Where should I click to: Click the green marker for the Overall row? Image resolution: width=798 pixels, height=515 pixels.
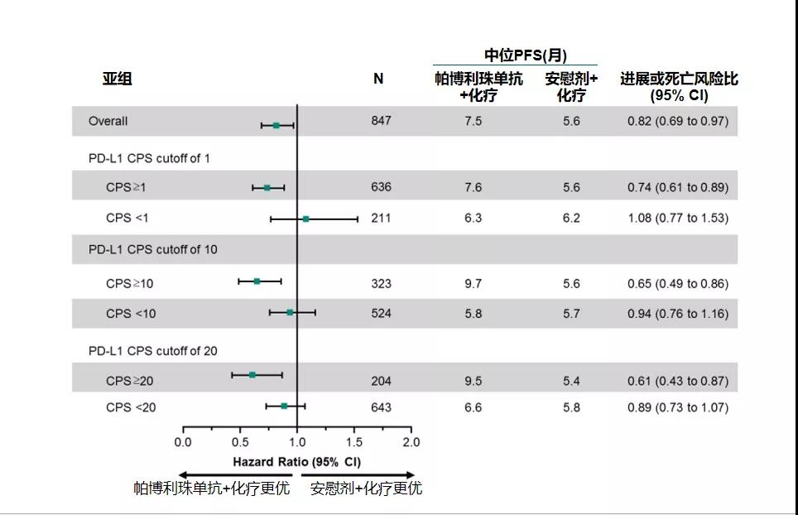pyautogui.click(x=276, y=125)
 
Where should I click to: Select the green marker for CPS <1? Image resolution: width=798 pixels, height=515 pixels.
pyautogui.click(x=305, y=219)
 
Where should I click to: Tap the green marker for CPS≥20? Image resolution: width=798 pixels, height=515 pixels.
pyautogui.click(x=252, y=375)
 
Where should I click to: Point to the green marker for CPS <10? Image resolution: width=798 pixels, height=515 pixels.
pyautogui.click(x=290, y=312)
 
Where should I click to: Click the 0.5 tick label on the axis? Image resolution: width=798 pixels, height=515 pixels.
pyautogui.click(x=240, y=442)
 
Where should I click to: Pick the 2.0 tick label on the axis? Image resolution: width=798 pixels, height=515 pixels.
pyautogui.click(x=411, y=442)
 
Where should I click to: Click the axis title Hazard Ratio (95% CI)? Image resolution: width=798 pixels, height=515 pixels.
pyautogui.click(x=296, y=460)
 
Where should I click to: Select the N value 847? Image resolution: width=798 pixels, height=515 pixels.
pyautogui.click(x=381, y=121)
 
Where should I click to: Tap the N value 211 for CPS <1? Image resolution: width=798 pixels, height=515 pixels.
pyautogui.click(x=381, y=219)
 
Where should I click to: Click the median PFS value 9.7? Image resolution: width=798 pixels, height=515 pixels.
pyautogui.click(x=473, y=283)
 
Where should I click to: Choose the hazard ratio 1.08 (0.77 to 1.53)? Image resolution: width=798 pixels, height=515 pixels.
pyautogui.click(x=678, y=219)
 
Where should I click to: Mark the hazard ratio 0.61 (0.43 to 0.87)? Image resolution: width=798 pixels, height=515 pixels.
pyautogui.click(x=678, y=381)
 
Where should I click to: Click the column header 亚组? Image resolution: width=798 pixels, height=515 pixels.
pyautogui.click(x=117, y=79)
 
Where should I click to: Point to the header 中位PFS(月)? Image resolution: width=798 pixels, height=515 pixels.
pyautogui.click(x=526, y=55)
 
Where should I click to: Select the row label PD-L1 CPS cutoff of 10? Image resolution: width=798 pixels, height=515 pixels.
pyautogui.click(x=153, y=249)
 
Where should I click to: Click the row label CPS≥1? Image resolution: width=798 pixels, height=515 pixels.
pyautogui.click(x=126, y=188)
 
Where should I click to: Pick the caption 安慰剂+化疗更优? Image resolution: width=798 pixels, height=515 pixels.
pyautogui.click(x=366, y=489)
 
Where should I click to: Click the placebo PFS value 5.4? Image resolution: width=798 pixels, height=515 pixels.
pyautogui.click(x=571, y=381)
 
